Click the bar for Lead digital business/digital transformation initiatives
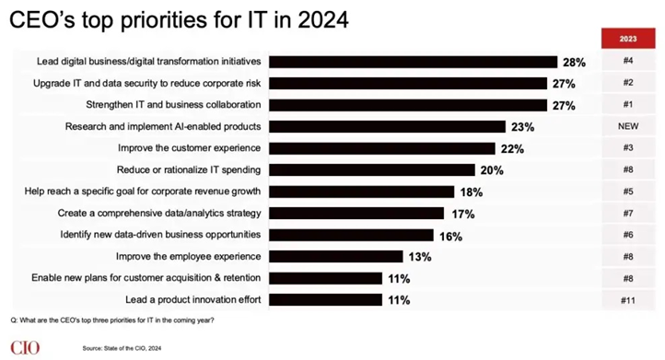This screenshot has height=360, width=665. (413, 62)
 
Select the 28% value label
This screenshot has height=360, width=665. (574, 63)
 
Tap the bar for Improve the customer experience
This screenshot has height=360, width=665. (382, 148)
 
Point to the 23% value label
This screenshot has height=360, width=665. (522, 127)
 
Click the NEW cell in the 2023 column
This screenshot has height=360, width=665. (628, 126)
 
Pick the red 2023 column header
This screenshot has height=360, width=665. (628, 39)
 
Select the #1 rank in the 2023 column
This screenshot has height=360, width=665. (628, 104)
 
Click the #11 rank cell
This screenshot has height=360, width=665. (628, 300)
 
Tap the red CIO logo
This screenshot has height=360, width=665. (25, 348)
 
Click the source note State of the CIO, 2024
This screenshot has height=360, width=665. (122, 348)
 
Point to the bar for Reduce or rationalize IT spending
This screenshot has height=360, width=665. (372, 170)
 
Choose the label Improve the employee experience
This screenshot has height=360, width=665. (188, 257)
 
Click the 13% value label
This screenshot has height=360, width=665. (420, 257)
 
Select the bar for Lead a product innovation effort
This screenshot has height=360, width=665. (326, 300)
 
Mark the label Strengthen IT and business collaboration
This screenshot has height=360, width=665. (173, 105)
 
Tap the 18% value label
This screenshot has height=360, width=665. (472, 192)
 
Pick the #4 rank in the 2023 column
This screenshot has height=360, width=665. (628, 61)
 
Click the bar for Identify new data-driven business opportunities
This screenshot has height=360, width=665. (351, 236)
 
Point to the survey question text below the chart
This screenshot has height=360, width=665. (112, 320)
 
